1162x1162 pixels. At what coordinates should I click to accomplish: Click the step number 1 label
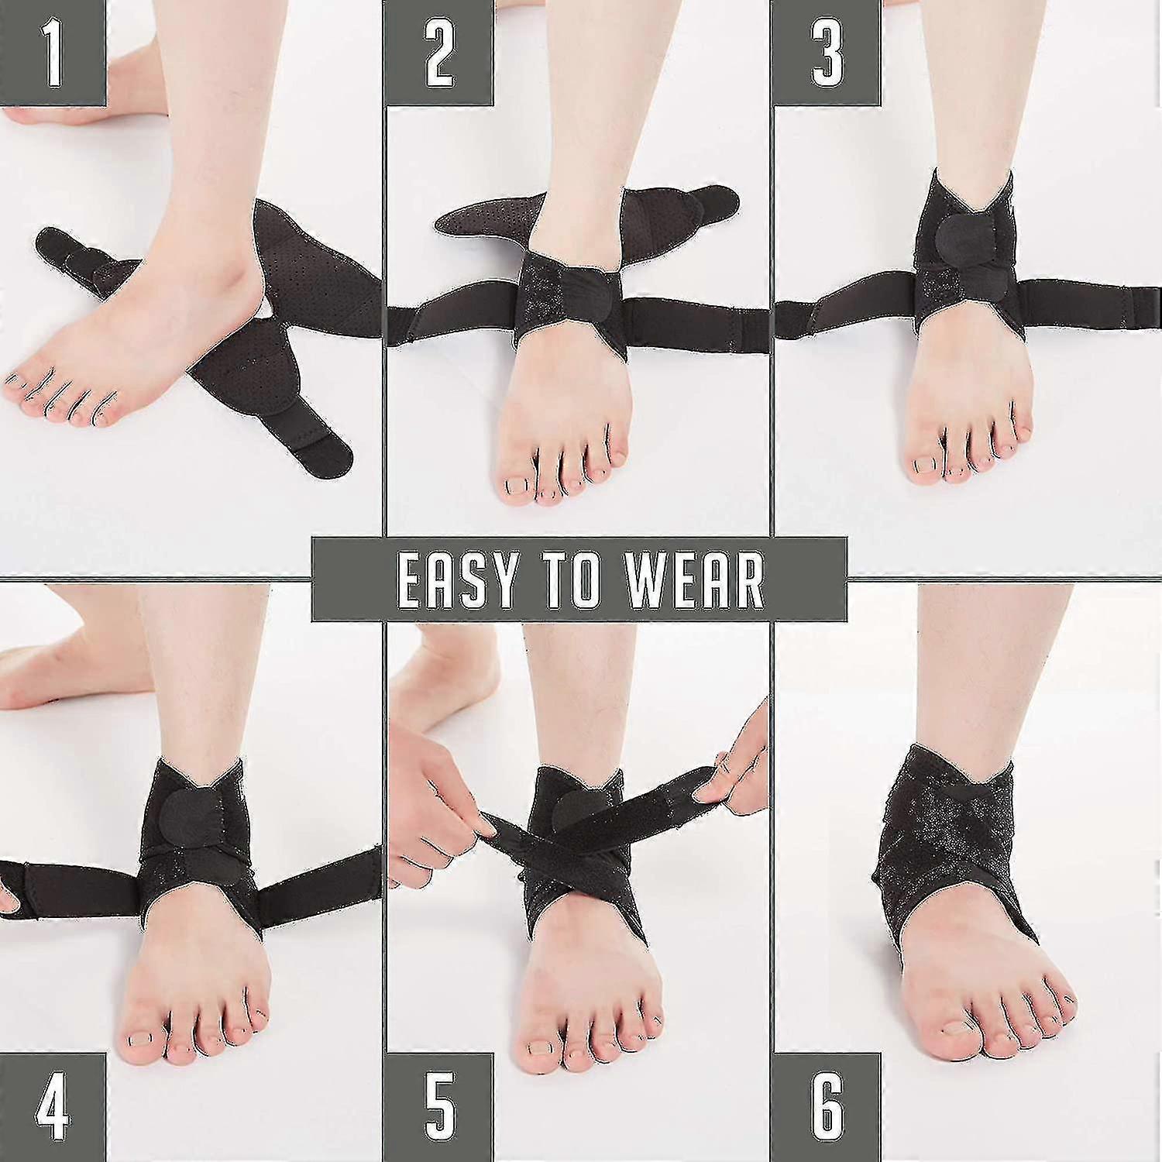point(52,53)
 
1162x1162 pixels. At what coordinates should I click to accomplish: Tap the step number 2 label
point(439,53)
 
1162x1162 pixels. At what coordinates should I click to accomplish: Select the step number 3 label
point(827,53)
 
